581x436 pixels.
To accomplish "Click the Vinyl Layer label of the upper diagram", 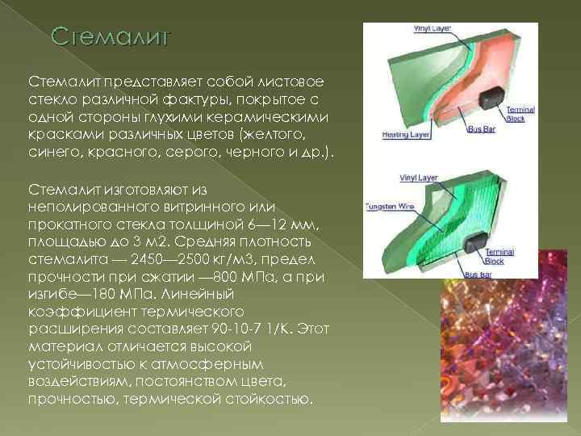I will point(433,28).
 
